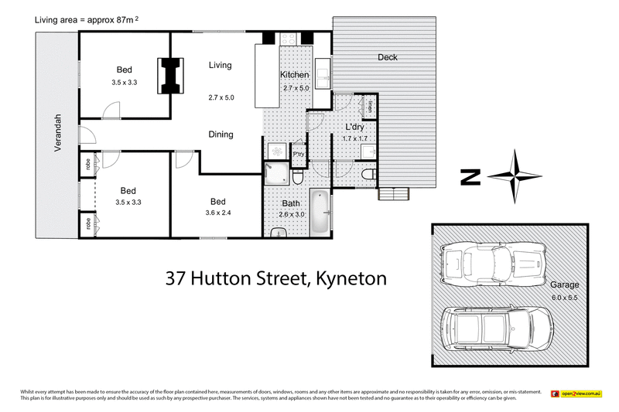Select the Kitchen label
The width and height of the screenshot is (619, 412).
(295, 75)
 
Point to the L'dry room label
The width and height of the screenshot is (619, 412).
(354, 127)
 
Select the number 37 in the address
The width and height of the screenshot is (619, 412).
(179, 278)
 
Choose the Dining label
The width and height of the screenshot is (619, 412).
(221, 134)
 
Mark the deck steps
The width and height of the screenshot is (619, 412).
(391, 193)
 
